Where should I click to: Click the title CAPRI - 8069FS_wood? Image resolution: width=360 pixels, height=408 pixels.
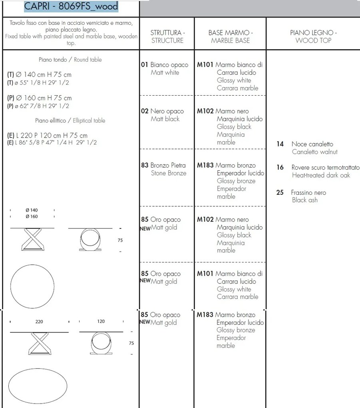(71, 7)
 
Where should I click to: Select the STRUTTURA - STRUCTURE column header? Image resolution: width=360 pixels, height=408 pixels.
(167, 36)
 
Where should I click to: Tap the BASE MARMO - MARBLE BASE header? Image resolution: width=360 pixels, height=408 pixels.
(231, 36)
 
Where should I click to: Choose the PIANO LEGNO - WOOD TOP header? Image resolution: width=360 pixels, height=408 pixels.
(313, 36)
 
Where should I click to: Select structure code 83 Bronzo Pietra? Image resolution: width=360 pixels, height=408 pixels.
(163, 165)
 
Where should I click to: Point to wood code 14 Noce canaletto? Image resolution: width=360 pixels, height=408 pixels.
(305, 144)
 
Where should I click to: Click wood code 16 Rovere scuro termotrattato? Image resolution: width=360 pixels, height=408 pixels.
(318, 168)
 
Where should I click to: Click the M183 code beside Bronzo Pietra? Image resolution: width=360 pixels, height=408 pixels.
(205, 165)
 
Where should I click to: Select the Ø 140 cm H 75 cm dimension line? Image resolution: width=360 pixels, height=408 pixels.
(40, 75)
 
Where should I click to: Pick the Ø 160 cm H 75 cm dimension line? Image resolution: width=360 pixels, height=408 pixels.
(40, 98)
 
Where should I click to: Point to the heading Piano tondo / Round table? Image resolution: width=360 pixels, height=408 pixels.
(70, 60)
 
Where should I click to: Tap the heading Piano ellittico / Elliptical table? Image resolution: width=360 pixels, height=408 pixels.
(70, 120)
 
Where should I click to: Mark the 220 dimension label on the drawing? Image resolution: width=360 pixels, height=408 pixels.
(39, 322)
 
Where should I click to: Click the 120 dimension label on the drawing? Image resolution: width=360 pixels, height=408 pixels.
(101, 321)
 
